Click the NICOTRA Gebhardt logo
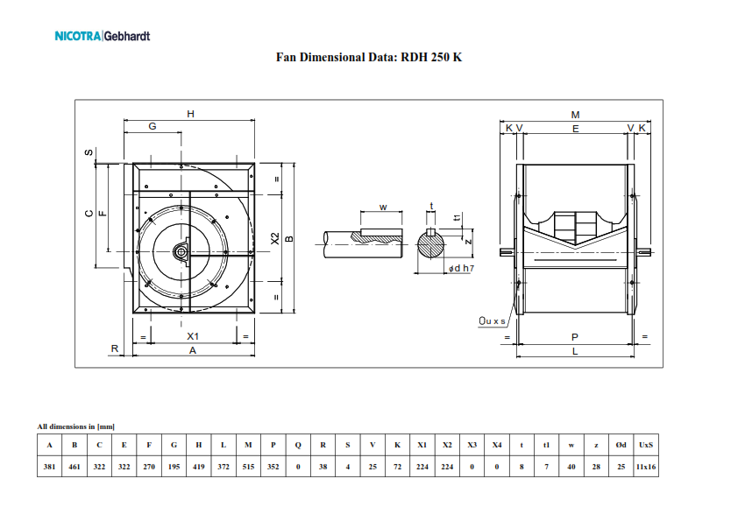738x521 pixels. point(103,36)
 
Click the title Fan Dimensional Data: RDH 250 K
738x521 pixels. point(369,58)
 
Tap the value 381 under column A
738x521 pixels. point(49,467)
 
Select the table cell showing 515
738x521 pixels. point(249,467)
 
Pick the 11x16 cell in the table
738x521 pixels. point(646,467)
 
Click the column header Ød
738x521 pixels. point(621,445)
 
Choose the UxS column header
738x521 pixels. point(646,445)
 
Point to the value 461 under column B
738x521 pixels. point(75,467)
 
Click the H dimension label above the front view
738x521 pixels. point(190,114)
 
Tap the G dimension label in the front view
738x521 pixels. point(153,126)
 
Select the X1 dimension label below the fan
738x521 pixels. point(193,336)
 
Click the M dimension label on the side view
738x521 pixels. point(575,115)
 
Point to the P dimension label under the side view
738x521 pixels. point(575,337)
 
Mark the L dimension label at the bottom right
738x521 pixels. point(575,351)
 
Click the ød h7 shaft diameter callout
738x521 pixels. point(461,269)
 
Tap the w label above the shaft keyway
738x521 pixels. point(383,208)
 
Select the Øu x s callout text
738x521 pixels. point(493,320)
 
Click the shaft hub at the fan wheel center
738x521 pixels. point(181,252)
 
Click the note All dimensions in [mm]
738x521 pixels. point(75,426)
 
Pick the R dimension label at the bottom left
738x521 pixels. point(115,349)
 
